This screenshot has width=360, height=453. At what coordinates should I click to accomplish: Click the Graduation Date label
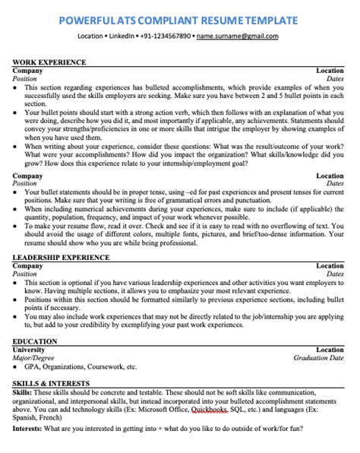pos(318,357)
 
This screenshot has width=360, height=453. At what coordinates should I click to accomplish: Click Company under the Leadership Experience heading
pos(28,267)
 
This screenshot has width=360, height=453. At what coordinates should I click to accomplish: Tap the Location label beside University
pos(330,350)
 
